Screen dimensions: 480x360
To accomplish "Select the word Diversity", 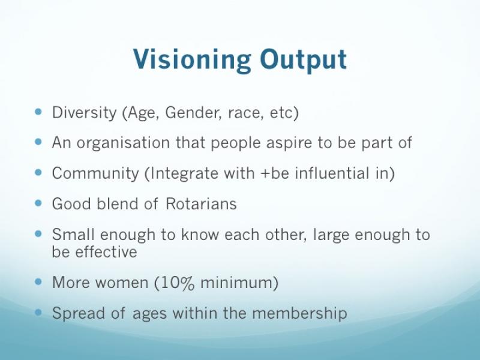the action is [84, 113].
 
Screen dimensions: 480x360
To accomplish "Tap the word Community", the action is [95, 173].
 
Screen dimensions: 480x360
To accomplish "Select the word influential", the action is [332, 173].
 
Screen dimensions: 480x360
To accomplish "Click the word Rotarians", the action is [201, 203].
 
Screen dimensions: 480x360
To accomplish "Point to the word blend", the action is [117, 203].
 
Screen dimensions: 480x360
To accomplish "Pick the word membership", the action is [300, 313].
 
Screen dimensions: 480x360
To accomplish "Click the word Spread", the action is [79, 313].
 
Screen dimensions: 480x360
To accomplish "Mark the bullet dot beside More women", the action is [38, 281].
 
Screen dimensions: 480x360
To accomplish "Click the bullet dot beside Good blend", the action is [38, 203].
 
